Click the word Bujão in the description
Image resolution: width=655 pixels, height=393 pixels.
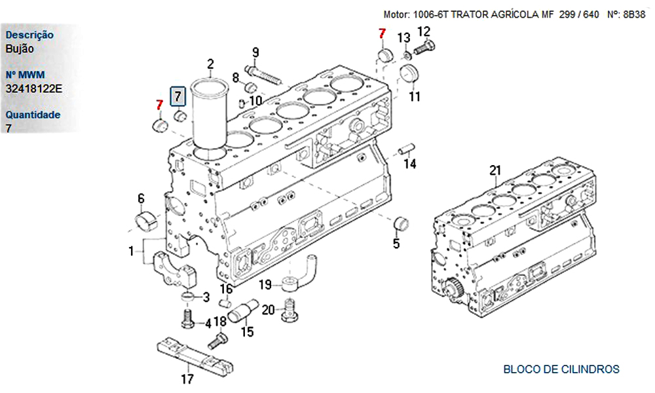pyautogui.click(x=20, y=48)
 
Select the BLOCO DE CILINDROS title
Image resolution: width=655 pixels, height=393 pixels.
pyautogui.click(x=561, y=369)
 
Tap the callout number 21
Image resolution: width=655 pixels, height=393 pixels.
pyautogui.click(x=495, y=171)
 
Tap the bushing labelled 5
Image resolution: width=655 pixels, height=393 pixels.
pyautogui.click(x=401, y=223)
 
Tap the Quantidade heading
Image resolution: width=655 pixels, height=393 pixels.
pyautogui.click(x=33, y=115)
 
